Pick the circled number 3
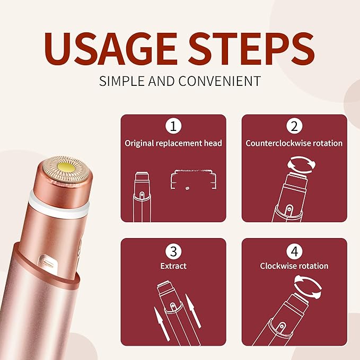[173, 250]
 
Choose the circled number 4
[294, 250]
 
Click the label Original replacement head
[173, 143]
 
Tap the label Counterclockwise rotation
[294, 143]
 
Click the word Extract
[173, 266]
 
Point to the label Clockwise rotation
[294, 266]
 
